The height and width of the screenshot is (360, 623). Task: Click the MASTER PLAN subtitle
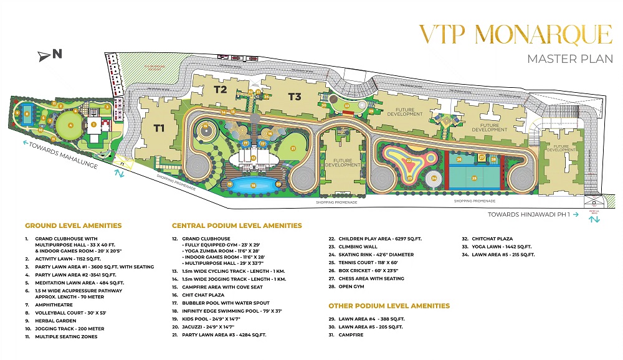click(570, 59)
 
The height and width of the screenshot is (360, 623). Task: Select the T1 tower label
click(159, 129)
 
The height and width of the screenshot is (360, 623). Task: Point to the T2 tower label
click(220, 90)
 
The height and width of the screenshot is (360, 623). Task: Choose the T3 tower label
click(295, 97)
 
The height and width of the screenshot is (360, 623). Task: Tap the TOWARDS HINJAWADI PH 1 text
click(528, 214)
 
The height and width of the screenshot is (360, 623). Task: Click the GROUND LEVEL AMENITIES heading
click(73, 225)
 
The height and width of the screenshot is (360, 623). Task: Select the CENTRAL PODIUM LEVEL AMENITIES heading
click(237, 225)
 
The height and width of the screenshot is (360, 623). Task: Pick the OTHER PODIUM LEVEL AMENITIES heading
click(389, 306)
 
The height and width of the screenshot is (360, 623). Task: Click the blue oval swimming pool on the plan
click(252, 184)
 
